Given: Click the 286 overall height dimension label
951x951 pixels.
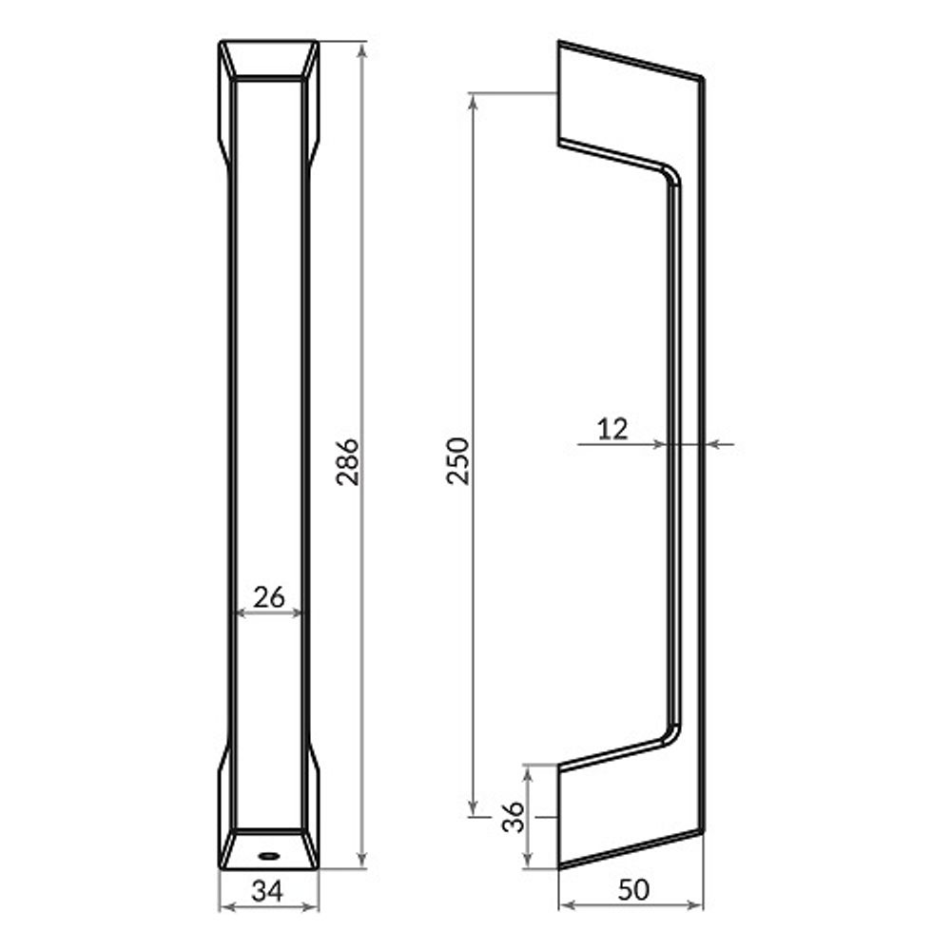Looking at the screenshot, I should click(x=349, y=461).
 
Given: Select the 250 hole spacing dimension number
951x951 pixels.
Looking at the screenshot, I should click(x=458, y=460).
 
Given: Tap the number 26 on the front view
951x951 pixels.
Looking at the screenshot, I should click(x=269, y=597).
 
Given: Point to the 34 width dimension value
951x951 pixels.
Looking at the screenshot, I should click(x=269, y=891).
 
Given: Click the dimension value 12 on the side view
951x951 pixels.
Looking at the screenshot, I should click(x=613, y=429).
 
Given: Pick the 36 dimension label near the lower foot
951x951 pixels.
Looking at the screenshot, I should click(x=513, y=816).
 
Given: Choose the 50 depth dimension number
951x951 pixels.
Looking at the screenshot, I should click(x=633, y=890).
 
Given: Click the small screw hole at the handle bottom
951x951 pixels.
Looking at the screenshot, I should click(x=269, y=856).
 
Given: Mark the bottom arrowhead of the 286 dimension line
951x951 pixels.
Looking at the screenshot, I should click(x=361, y=862).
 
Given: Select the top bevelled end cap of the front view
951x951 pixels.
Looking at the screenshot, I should click(x=269, y=60).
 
